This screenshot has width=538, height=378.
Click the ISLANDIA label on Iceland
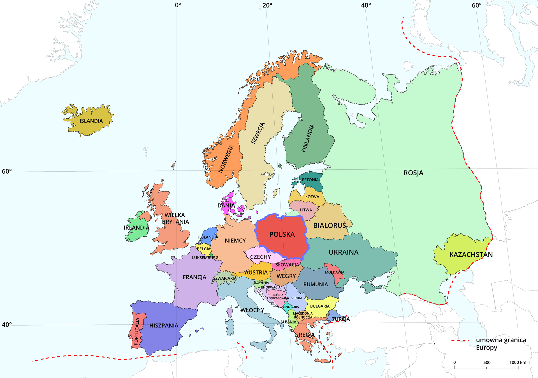click(91, 121)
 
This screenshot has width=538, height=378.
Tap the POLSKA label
click(282, 234)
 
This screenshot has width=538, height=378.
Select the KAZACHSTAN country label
click(471, 255)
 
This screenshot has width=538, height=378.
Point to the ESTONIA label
click(310, 180)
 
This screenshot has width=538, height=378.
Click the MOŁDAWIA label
click(335, 272)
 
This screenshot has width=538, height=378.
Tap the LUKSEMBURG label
click(205, 258)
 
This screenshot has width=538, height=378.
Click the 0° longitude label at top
click(178, 5)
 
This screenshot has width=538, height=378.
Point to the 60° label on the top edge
click(477, 5)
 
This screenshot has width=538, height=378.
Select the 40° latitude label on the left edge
click(7, 325)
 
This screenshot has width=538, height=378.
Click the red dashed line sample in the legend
click(460, 340)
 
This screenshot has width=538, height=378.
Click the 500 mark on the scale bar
click(487, 362)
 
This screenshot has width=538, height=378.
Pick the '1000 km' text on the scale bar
click(518, 362)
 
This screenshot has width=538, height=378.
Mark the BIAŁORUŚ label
click(330, 225)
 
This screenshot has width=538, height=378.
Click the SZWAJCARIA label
click(225, 278)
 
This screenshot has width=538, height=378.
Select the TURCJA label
click(341, 319)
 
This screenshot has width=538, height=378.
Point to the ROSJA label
click(413, 173)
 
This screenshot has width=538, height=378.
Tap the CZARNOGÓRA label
click(288, 307)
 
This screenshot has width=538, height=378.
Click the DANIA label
click(226, 206)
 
